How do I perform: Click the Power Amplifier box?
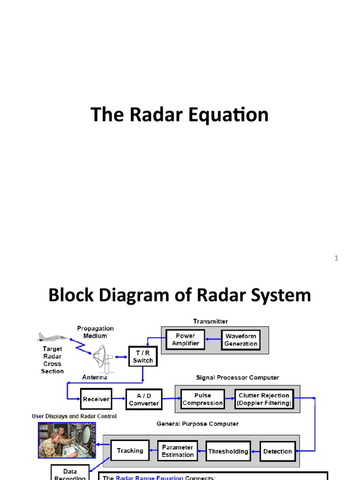[x=185, y=340]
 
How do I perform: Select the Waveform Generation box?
[x=241, y=340]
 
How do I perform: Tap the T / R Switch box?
[x=143, y=357]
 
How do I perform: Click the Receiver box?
[x=96, y=399]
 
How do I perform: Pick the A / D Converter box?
[x=144, y=399]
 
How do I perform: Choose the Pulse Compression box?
[x=202, y=399]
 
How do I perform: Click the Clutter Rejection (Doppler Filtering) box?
[x=264, y=399]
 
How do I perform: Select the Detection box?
[x=277, y=451]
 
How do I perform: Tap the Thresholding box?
[x=228, y=451]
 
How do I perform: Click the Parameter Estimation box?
[x=178, y=451]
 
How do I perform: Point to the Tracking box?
[x=130, y=451]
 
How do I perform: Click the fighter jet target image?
[x=52, y=337]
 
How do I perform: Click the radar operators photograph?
[x=67, y=440]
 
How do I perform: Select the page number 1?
[x=336, y=258]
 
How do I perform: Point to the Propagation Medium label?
[x=96, y=332]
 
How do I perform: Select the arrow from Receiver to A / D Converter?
[x=119, y=399]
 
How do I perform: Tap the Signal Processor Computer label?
[x=237, y=377]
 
